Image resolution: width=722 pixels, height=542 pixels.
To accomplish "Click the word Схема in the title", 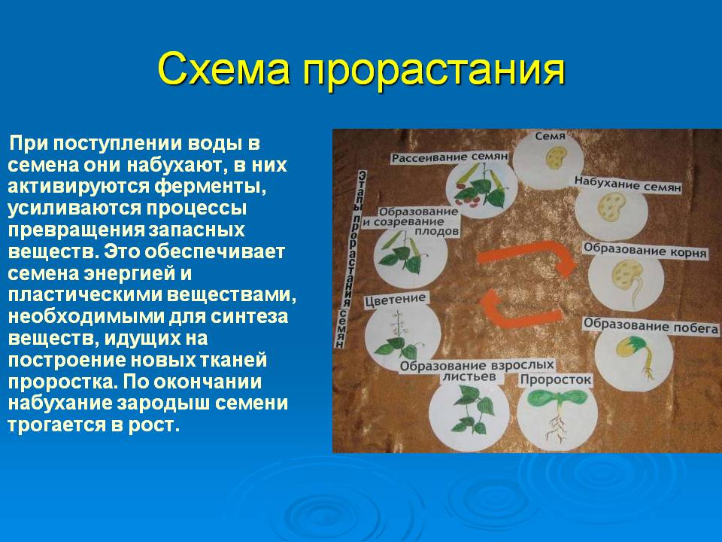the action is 224,69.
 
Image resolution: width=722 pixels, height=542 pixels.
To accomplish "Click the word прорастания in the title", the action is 434,72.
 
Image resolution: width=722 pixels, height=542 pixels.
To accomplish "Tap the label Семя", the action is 551,136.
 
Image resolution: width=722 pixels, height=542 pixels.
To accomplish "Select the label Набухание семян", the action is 627,184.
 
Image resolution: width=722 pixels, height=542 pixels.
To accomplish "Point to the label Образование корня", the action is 645,250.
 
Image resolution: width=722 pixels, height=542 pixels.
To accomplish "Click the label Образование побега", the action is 651,325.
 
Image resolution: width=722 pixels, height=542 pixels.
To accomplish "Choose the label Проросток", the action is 555,379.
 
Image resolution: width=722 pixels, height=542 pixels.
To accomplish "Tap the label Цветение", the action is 396,300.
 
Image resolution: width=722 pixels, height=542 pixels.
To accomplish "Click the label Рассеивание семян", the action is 450,157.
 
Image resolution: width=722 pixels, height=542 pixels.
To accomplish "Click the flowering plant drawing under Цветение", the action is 399,334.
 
